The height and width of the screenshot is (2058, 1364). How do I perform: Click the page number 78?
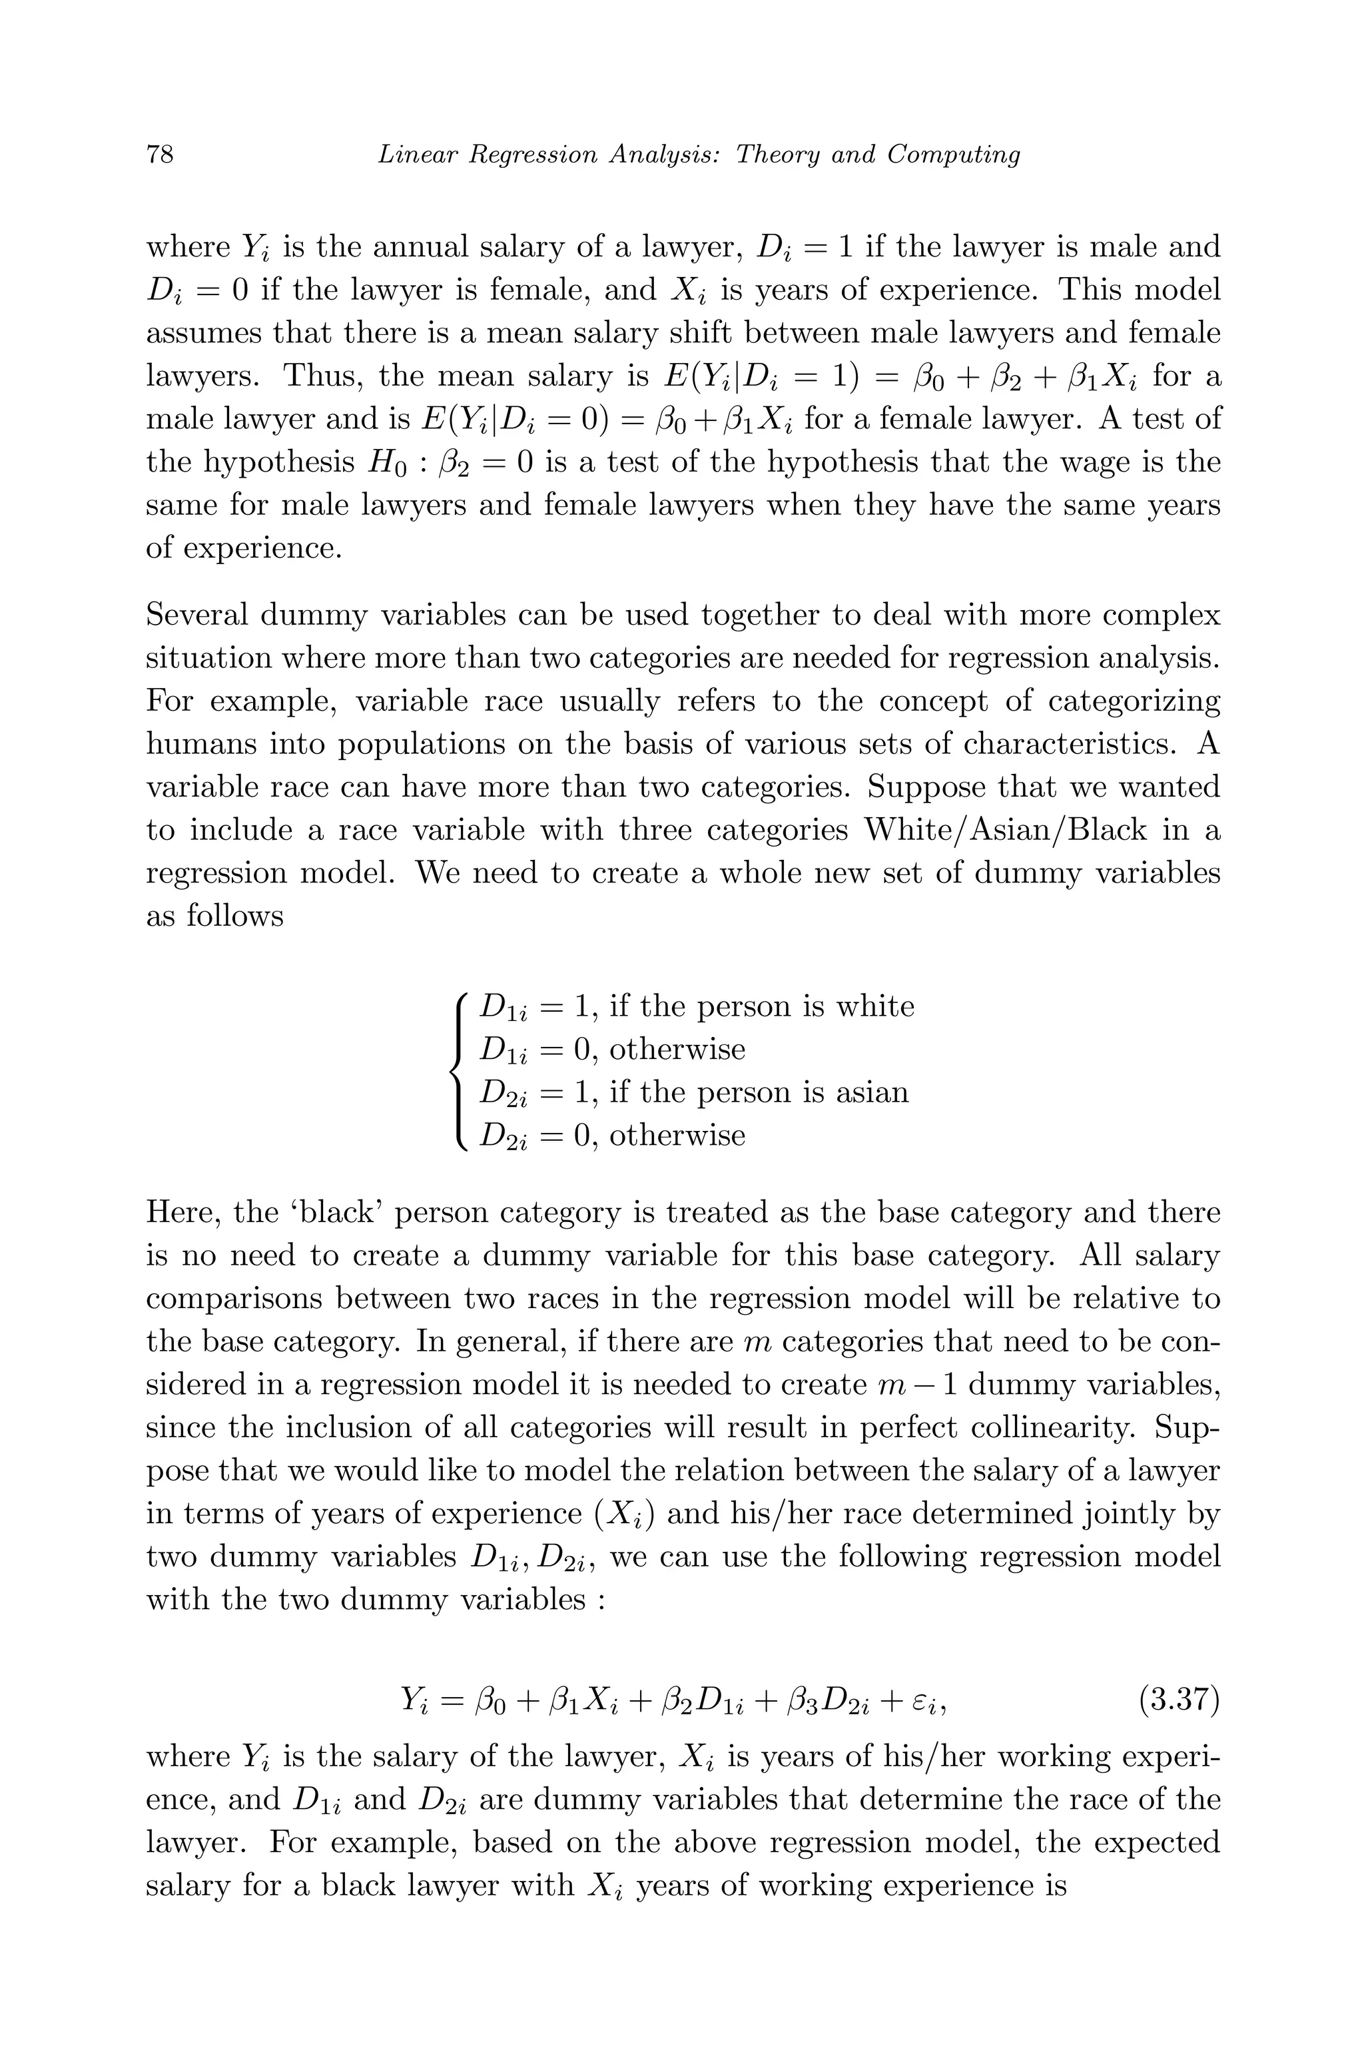coord(160,155)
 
